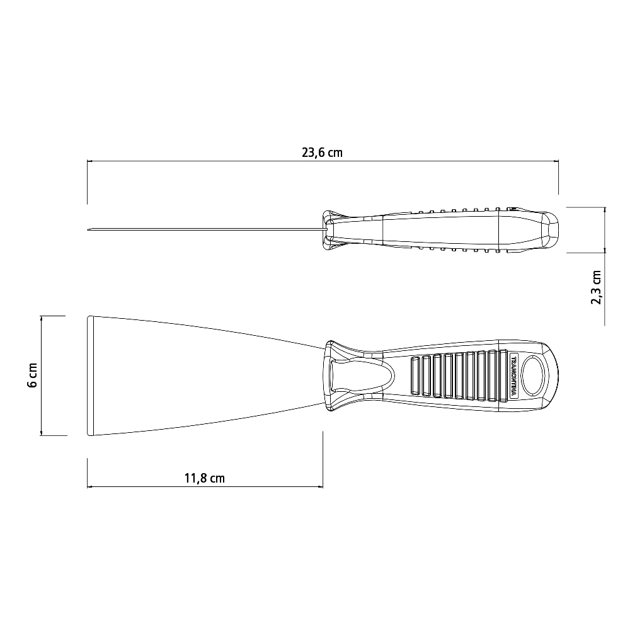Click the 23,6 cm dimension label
click(x=322, y=152)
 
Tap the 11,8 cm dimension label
click(x=205, y=478)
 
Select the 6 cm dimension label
click(x=32, y=375)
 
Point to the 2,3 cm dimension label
click(x=596, y=288)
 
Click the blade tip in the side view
click(x=88, y=230)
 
